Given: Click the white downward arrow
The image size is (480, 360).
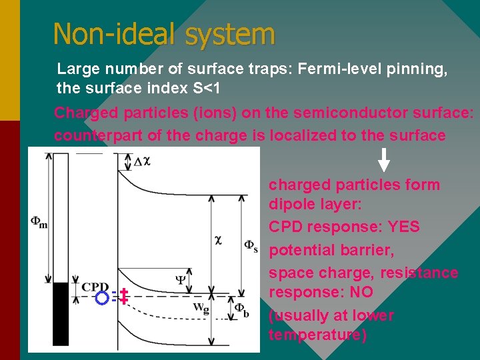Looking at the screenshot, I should click(x=384, y=160).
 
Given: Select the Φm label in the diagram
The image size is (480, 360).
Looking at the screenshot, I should click(x=39, y=221).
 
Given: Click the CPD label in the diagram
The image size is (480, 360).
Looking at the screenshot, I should click(x=95, y=287).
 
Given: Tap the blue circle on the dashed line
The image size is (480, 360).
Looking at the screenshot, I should click(x=101, y=297).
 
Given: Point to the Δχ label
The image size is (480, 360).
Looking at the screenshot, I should click(x=141, y=161).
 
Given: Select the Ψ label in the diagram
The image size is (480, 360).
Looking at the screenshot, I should click(x=181, y=280).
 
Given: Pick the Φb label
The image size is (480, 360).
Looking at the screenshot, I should click(x=242, y=309).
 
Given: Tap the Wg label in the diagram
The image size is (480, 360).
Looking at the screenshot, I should click(x=200, y=307).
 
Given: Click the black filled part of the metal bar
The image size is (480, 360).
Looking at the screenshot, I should click(x=61, y=313).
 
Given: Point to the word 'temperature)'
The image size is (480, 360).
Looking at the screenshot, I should click(x=317, y=335).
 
